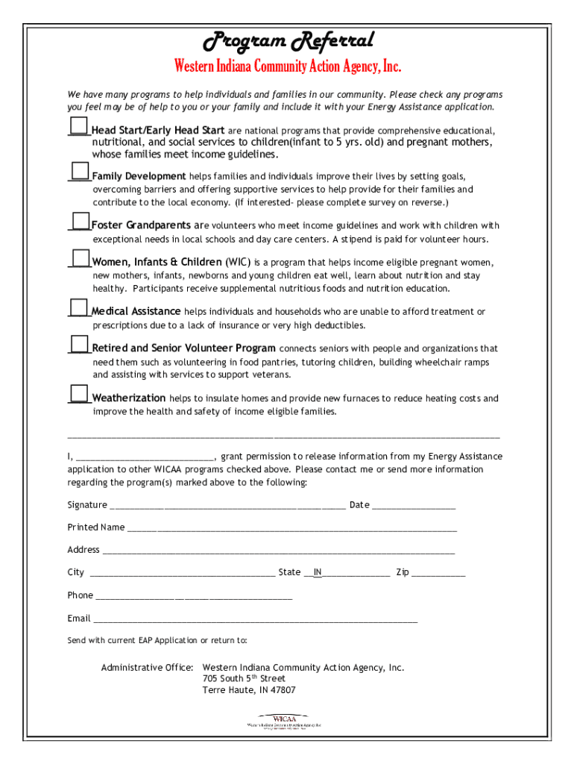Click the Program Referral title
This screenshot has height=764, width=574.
(288, 40)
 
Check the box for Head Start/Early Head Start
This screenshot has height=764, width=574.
(78, 125)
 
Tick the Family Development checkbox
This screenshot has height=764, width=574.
(80, 171)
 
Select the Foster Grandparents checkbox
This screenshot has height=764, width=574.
(81, 221)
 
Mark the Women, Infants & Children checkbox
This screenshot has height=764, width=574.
(81, 258)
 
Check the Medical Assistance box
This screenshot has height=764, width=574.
(79, 307)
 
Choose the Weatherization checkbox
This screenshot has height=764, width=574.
(79, 393)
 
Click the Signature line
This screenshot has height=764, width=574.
(227, 506)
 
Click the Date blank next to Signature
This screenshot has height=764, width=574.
(414, 506)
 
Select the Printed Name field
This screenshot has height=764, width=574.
(291, 528)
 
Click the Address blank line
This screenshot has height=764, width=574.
(278, 551)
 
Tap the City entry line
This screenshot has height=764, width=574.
(182, 574)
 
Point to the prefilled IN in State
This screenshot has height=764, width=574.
(318, 572)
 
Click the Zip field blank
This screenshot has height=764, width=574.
(438, 574)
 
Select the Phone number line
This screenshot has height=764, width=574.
(194, 596)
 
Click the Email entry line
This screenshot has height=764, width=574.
(255, 619)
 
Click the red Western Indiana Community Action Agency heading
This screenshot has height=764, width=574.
(288, 67)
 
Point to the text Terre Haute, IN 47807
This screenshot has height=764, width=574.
(249, 690)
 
